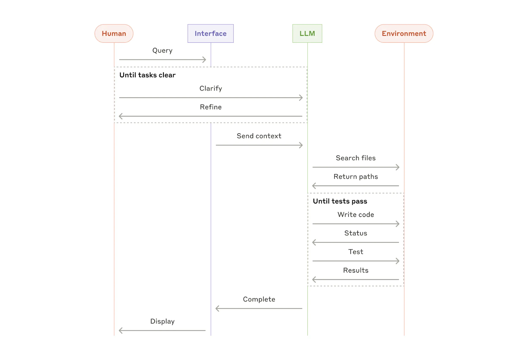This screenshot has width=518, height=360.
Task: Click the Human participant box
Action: pyautogui.click(x=114, y=33)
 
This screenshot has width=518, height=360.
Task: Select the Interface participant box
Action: pyautogui.click(x=210, y=33)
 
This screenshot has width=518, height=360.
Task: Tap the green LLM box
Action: pyautogui.click(x=307, y=33)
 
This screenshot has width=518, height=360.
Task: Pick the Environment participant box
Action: pyautogui.click(x=404, y=33)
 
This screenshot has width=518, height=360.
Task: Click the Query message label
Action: pyautogui.click(x=162, y=51)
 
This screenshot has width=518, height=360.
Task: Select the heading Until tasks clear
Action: pyautogui.click(x=147, y=75)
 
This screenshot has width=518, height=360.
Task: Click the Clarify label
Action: pyautogui.click(x=210, y=88)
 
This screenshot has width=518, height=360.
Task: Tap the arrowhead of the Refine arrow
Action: pyautogui.click(x=120, y=116)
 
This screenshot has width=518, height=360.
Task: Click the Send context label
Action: pyautogui.click(x=259, y=136)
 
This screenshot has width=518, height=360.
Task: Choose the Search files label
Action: pyautogui.click(x=355, y=158)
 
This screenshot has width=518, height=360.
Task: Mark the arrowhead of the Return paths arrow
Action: pyautogui.click(x=314, y=186)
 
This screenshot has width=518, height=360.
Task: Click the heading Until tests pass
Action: pyautogui.click(x=340, y=201)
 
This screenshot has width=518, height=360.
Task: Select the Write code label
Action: pyautogui.click(x=355, y=215)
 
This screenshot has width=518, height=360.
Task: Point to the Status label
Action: pyautogui.click(x=355, y=233)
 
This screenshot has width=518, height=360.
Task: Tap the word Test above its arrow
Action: pyautogui.click(x=355, y=252)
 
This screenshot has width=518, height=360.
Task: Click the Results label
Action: pyautogui.click(x=355, y=270)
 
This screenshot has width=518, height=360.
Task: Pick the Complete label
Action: pyautogui.click(x=259, y=299)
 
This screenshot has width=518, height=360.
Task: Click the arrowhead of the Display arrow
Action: pyautogui.click(x=120, y=331)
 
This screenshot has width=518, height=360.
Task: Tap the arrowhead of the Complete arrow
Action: pyautogui.click(x=217, y=308)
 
